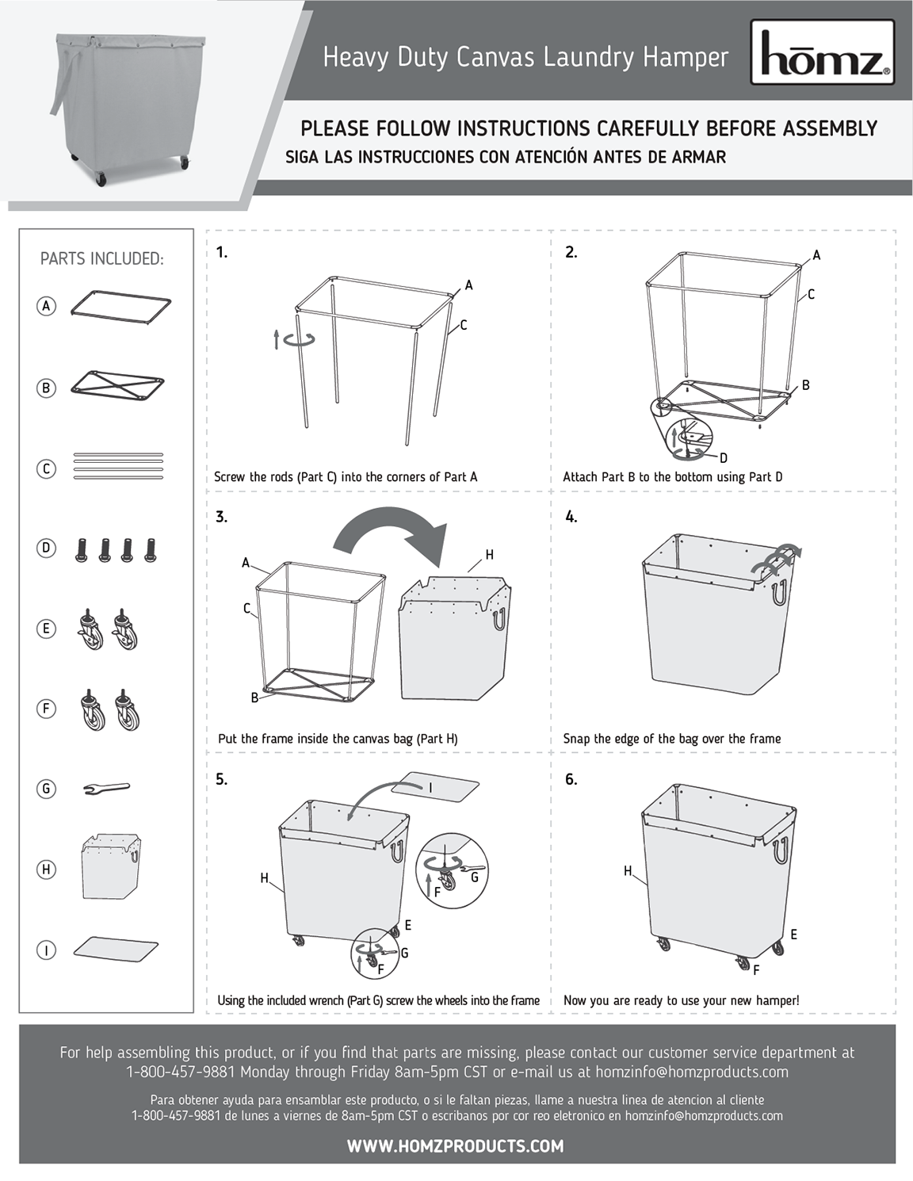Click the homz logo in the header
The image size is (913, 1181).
click(x=822, y=53)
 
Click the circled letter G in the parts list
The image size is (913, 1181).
click(x=46, y=788)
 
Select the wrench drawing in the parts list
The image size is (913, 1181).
click(x=106, y=788)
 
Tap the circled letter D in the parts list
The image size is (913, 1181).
click(x=46, y=548)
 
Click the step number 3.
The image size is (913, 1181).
click(x=221, y=517)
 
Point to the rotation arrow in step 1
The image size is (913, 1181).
click(x=298, y=340)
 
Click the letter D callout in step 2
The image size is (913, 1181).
click(x=723, y=457)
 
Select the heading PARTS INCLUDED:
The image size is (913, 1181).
click(x=101, y=258)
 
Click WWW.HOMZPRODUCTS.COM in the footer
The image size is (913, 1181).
click(x=455, y=1145)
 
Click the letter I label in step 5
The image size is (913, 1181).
click(x=430, y=788)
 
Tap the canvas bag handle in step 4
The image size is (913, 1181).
click(x=779, y=592)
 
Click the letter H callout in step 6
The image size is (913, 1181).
click(x=627, y=871)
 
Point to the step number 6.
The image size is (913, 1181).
click(x=571, y=779)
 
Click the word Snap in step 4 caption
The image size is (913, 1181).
click(x=575, y=738)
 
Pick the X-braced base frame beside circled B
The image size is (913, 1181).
click(x=117, y=384)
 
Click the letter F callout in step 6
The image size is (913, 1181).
click(x=756, y=970)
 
